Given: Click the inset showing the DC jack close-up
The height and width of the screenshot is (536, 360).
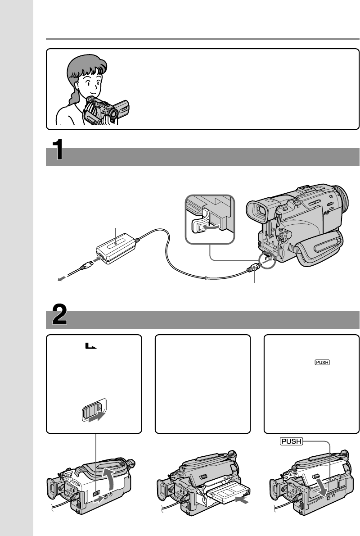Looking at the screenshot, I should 210,218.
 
